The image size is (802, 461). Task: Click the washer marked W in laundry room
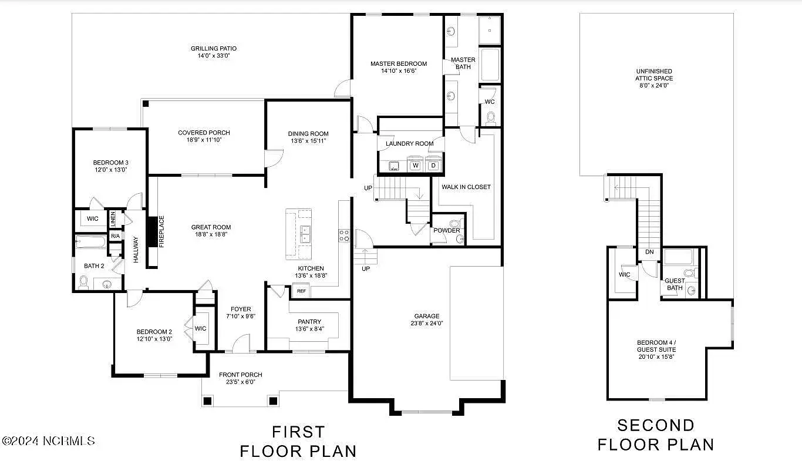(415, 165)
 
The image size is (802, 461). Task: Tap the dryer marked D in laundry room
(433, 165)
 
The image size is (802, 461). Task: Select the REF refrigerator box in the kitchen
(301, 291)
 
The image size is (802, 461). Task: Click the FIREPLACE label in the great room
(161, 231)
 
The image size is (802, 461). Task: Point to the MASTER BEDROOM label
(399, 64)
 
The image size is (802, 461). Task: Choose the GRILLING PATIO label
(213, 48)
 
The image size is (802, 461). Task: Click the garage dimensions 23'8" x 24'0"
(427, 324)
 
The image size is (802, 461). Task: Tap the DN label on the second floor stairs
(649, 252)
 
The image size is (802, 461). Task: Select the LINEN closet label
(113, 219)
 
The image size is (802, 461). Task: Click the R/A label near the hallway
(115, 236)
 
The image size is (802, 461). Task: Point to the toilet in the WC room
(491, 118)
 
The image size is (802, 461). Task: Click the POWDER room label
(446, 230)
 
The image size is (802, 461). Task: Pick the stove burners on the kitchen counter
(344, 235)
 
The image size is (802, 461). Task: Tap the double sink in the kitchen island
(305, 234)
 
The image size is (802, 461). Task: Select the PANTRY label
(309, 322)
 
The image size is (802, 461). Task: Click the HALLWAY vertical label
(136, 250)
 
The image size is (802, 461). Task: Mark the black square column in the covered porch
(146, 103)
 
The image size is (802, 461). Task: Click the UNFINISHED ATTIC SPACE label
(654, 75)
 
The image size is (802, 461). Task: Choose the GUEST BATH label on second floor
(675, 284)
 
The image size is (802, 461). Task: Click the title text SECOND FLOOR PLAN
(656, 435)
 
